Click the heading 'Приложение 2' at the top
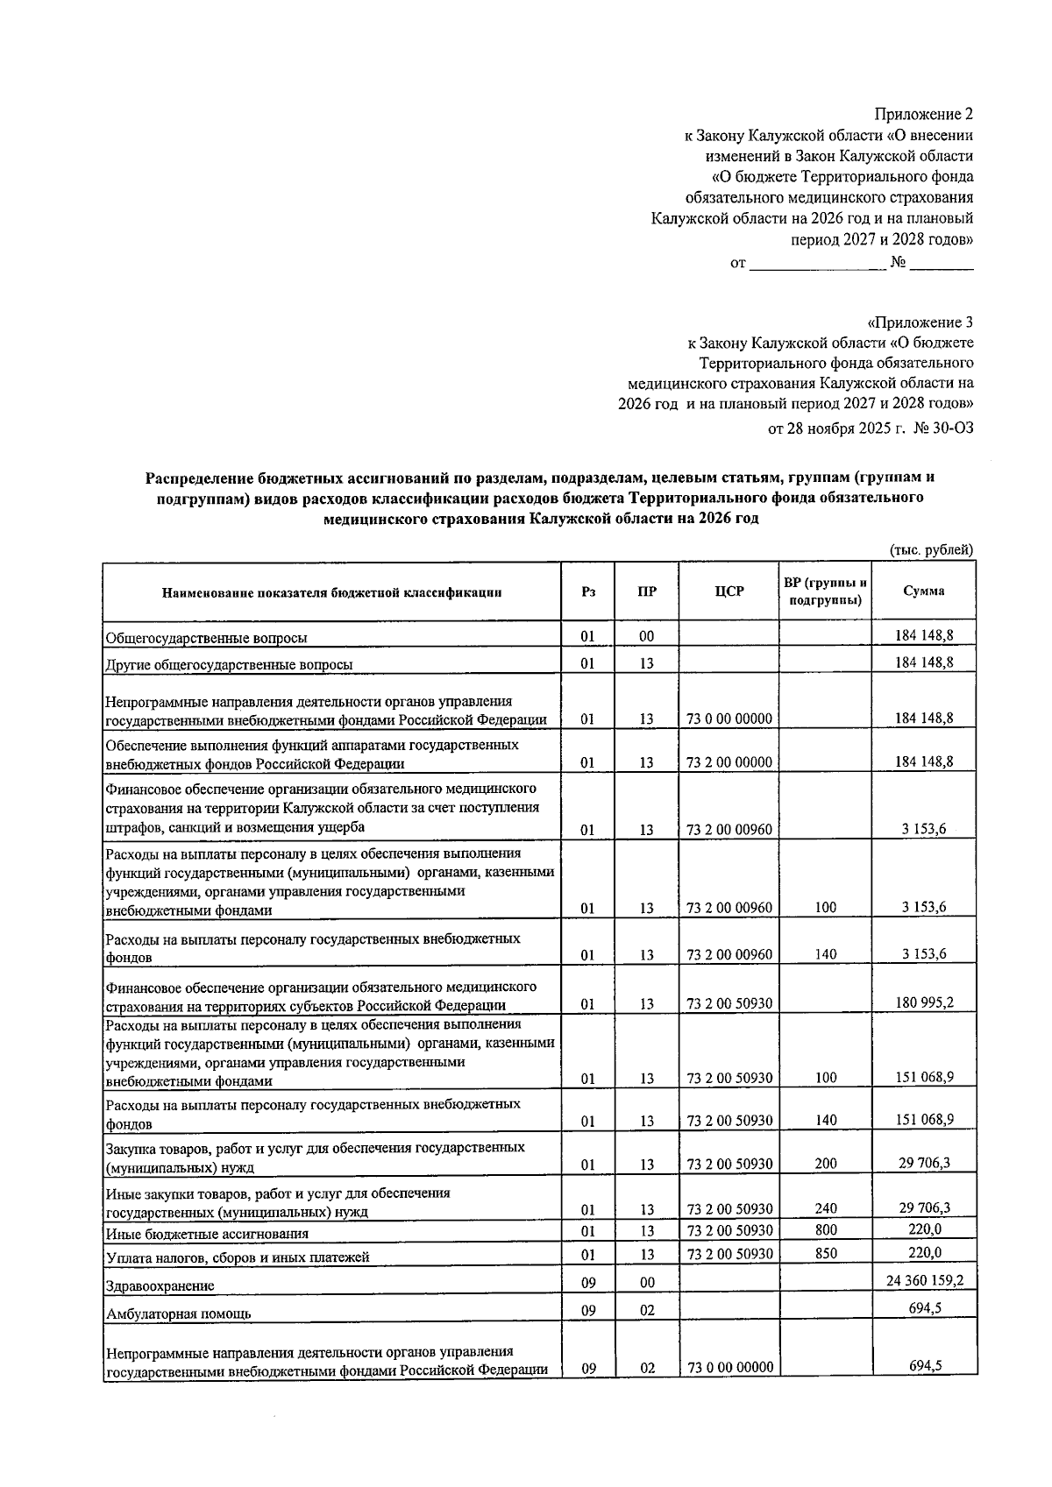click(x=924, y=115)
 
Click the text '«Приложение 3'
click(x=920, y=322)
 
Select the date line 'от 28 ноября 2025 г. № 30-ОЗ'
click(x=870, y=428)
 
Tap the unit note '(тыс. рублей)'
click(x=931, y=549)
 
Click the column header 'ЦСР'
click(x=729, y=591)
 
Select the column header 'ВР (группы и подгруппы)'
click(x=825, y=591)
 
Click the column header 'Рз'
click(x=588, y=591)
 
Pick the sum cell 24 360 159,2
click(x=924, y=1280)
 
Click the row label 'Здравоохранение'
click(x=160, y=1285)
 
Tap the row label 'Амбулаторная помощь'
click(x=178, y=1314)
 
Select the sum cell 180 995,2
click(x=924, y=1002)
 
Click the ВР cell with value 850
click(x=825, y=1253)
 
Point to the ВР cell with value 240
click(x=825, y=1208)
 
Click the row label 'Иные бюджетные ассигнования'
click(x=207, y=1233)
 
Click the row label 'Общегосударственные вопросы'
click(x=206, y=638)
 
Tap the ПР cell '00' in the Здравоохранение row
click(x=647, y=1282)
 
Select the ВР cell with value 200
click(x=825, y=1164)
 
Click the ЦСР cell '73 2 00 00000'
click(x=729, y=762)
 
